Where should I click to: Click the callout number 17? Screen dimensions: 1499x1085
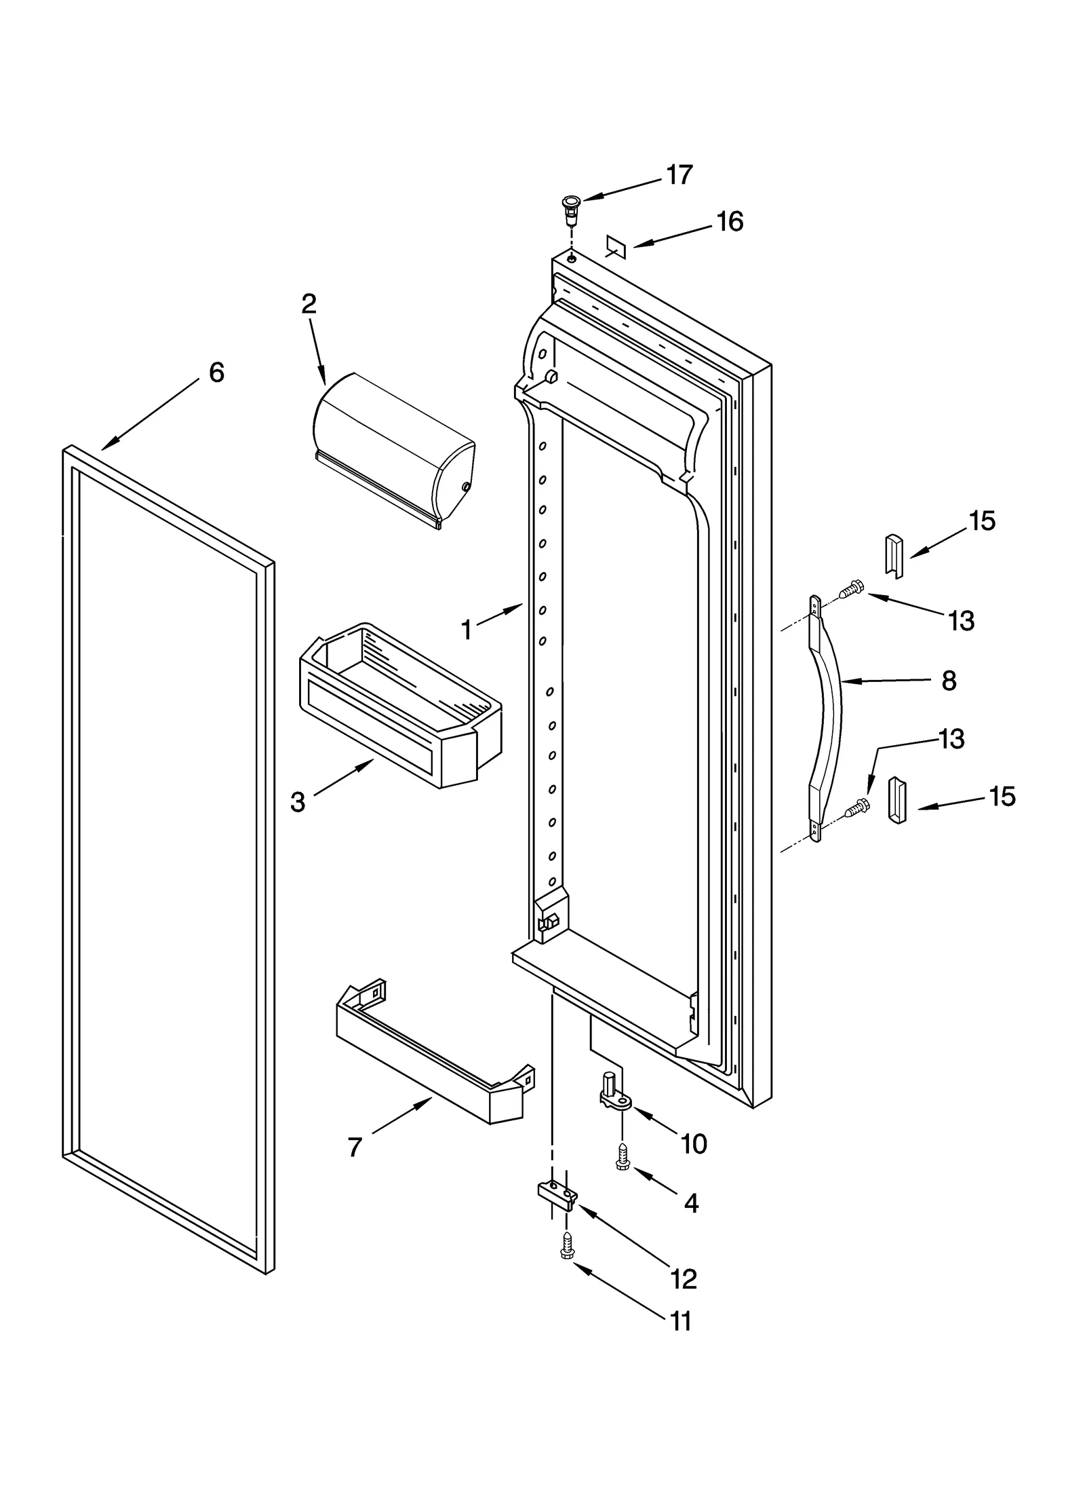coord(679,175)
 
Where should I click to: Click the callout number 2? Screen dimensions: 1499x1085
coord(309,304)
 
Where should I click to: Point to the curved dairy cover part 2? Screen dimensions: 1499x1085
coord(393,449)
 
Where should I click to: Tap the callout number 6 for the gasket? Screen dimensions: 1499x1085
coord(216,373)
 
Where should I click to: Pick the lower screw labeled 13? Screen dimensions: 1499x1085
coord(858,808)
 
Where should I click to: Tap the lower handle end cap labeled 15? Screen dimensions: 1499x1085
coord(896,800)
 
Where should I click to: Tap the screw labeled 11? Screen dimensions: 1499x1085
coord(566,1247)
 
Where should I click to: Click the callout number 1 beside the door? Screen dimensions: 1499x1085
coord(467,630)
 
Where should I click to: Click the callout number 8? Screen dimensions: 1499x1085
coord(949,681)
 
